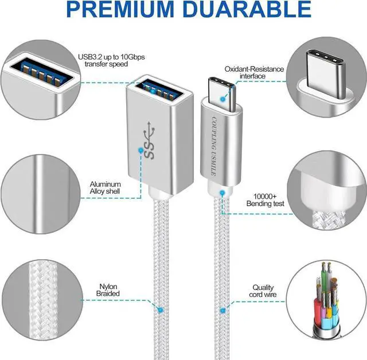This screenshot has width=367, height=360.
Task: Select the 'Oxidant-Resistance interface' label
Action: click(x=253, y=73)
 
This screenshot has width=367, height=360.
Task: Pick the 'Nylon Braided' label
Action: click(x=108, y=291)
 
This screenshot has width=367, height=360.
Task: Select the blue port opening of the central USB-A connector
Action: click(x=155, y=90)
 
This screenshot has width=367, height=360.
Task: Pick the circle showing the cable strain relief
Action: click(x=327, y=189)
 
